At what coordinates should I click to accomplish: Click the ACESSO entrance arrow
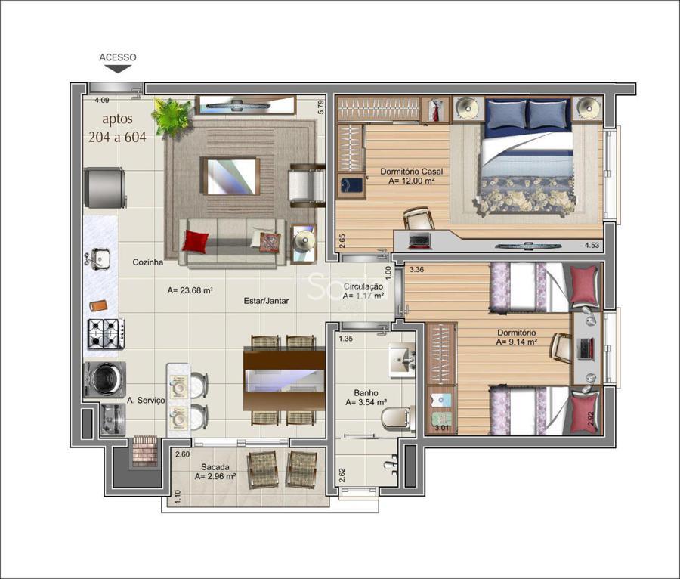tap(118, 69)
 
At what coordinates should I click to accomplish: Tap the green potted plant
tap(171, 116)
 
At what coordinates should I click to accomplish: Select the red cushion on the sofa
tap(195, 241)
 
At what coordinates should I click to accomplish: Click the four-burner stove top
tap(107, 333)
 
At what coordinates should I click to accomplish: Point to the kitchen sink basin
tap(100, 259)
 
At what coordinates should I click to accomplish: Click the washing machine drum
tap(104, 379)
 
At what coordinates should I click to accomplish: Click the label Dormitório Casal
tap(412, 172)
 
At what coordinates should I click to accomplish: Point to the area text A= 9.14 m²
tap(517, 342)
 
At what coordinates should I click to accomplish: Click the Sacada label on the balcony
tap(215, 467)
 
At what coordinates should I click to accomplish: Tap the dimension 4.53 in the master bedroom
tap(592, 245)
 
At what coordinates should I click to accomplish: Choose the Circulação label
tap(363, 286)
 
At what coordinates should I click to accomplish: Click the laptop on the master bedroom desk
tap(419, 240)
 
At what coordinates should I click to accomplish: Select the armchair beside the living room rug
tap(307, 185)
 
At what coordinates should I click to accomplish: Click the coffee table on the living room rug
tap(230, 176)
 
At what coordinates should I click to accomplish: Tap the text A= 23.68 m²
tap(190, 290)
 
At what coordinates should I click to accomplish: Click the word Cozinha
tap(148, 262)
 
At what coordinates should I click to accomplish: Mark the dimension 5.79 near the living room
tap(321, 107)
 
